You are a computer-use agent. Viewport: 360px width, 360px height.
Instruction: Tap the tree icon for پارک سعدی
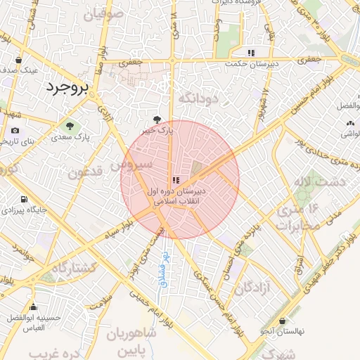tap(70, 125)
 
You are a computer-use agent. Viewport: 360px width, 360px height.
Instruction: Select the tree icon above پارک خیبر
tap(157, 120)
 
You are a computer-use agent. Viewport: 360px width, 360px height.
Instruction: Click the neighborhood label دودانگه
tap(205, 98)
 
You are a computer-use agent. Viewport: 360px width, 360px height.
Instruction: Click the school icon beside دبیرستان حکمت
tap(251, 53)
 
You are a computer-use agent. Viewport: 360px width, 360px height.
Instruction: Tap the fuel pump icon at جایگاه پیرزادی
tap(25, 199)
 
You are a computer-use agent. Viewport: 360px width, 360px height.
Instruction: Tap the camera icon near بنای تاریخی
tap(15, 130)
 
